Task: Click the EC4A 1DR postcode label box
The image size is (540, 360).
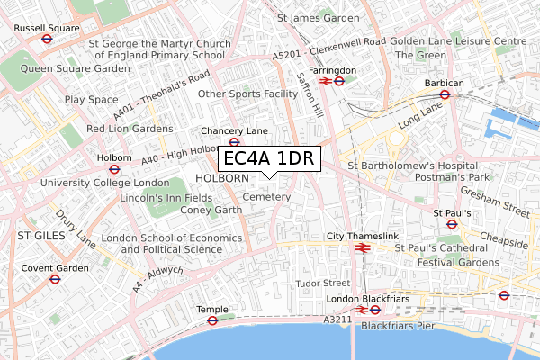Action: pyautogui.click(x=268, y=159)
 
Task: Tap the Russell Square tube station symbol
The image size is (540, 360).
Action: pyautogui.click(x=47, y=40)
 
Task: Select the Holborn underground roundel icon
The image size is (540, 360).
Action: pyautogui.click(x=114, y=168)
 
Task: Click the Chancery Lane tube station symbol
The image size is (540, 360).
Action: pyautogui.click(x=234, y=142)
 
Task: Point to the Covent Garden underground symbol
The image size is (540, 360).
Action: pyautogui.click(x=56, y=279)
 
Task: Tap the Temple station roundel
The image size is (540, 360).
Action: pyautogui.click(x=212, y=320)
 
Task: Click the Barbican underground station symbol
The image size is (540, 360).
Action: pyautogui.click(x=444, y=95)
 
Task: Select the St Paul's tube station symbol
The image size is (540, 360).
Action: pyautogui.click(x=451, y=225)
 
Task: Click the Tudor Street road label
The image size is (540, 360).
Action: pyautogui.click(x=322, y=283)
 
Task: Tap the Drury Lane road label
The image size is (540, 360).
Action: pyautogui.click(x=75, y=229)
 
